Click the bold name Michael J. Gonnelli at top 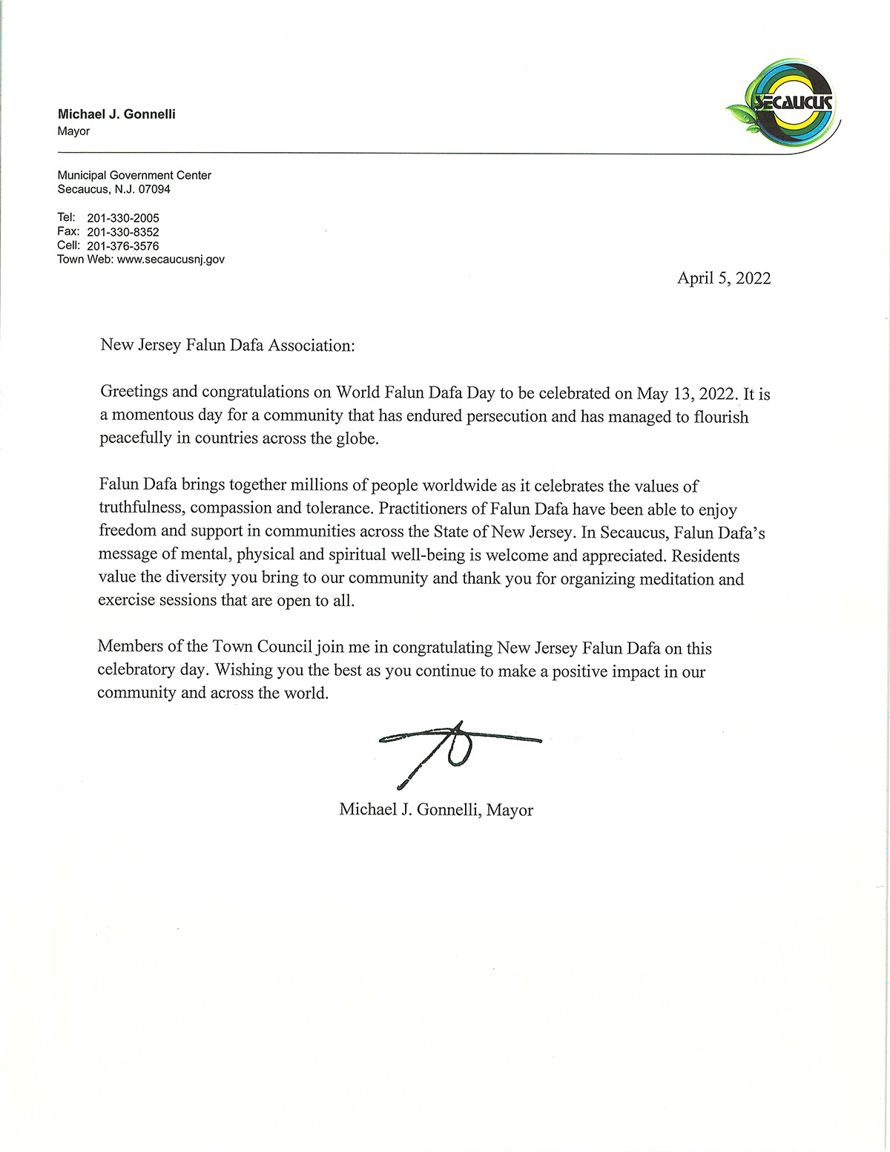[x=116, y=114]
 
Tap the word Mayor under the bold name [x=73, y=131]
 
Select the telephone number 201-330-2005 [x=123, y=218]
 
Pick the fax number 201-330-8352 [x=123, y=232]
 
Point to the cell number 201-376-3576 [x=123, y=246]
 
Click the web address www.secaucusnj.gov [x=171, y=260]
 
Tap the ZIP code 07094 [x=154, y=189]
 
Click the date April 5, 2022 [x=724, y=278]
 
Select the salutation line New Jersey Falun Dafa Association [x=228, y=346]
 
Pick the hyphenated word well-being [x=423, y=555]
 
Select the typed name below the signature [x=436, y=810]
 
